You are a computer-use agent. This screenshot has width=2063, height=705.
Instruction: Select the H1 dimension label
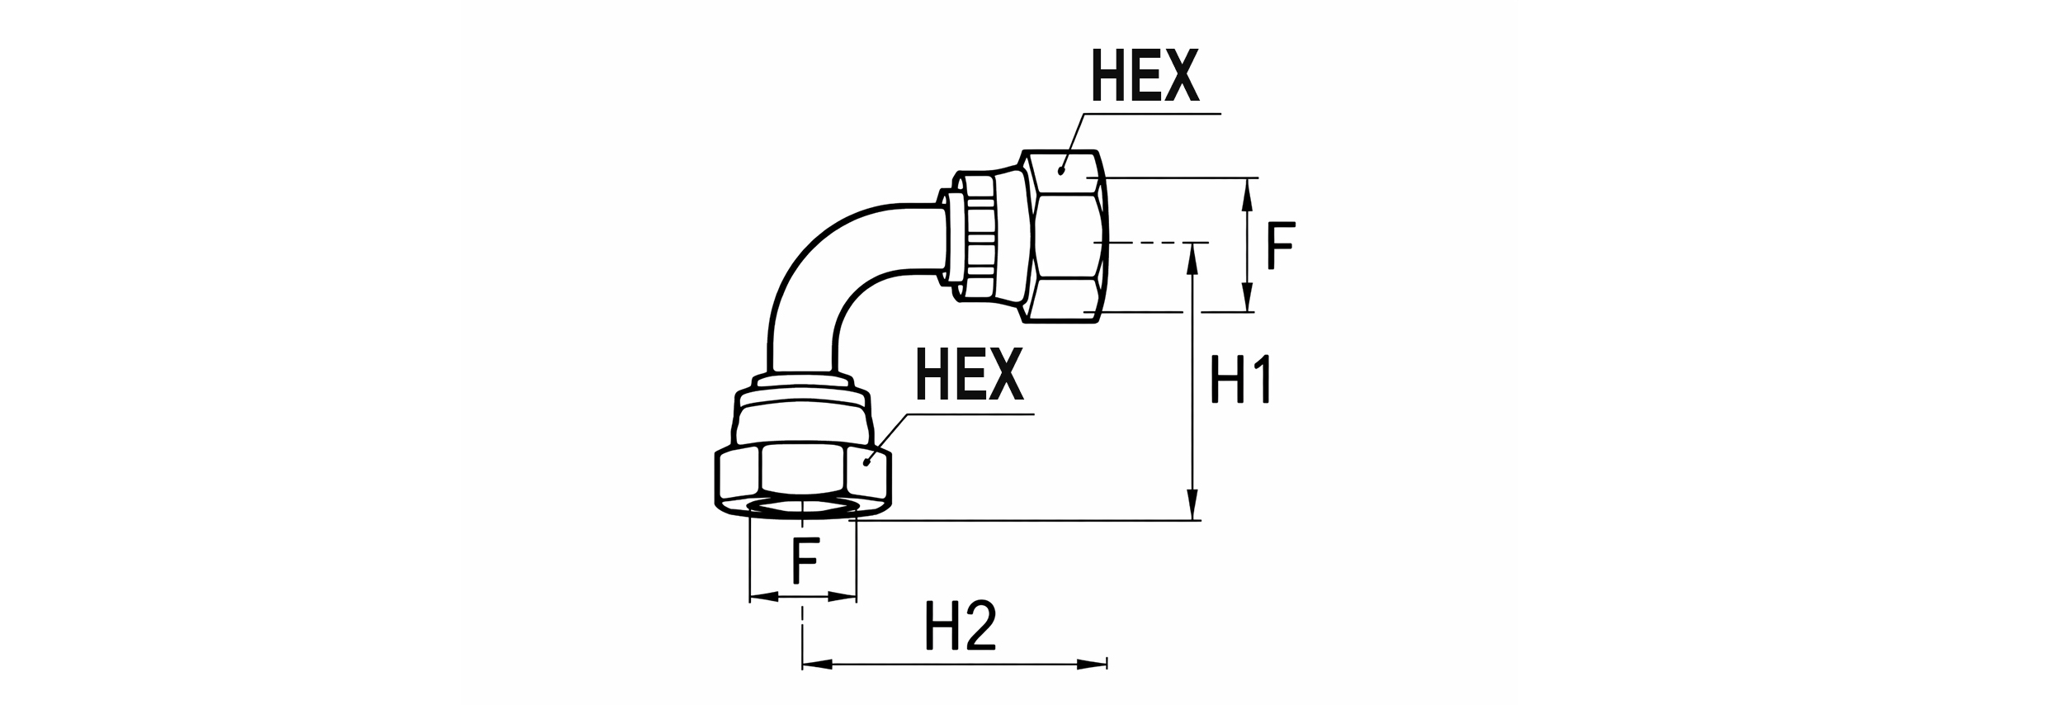click(1239, 380)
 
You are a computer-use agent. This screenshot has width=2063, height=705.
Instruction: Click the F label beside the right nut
click(1281, 245)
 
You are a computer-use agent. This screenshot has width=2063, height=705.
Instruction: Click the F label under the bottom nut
click(804, 562)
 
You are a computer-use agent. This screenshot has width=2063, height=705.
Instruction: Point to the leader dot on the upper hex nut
click(1061, 171)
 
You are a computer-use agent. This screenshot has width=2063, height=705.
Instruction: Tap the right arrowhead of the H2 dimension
click(1091, 664)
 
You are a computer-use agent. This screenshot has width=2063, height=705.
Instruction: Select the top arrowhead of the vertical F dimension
click(1248, 192)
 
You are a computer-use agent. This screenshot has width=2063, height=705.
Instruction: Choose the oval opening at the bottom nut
click(800, 509)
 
